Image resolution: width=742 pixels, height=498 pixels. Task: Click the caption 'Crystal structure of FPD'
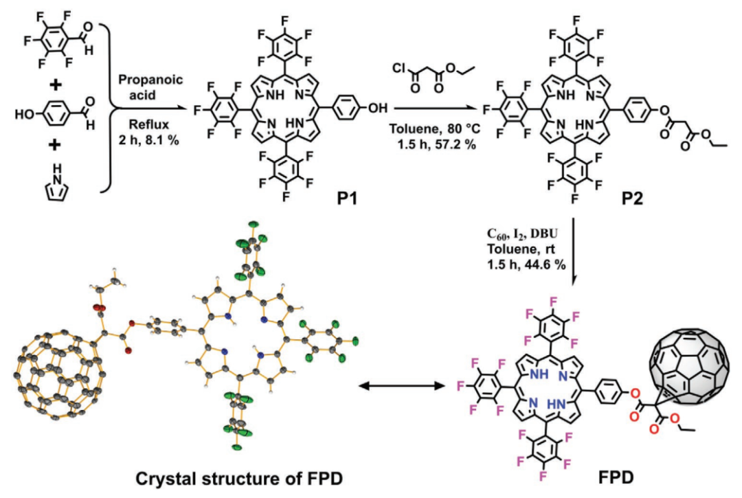pos(239,479)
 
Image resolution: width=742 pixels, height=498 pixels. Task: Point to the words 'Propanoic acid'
pos(150,87)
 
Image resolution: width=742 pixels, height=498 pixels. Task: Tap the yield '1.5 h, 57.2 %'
pos(436,144)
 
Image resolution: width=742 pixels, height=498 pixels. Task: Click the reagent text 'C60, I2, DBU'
pos(522,234)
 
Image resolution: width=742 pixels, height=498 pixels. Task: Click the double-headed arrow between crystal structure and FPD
pos(402,387)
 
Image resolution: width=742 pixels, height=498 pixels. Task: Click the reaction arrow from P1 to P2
pos(436,109)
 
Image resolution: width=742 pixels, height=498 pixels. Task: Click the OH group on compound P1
pos(377,109)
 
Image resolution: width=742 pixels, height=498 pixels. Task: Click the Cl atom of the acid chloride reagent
pos(400,69)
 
